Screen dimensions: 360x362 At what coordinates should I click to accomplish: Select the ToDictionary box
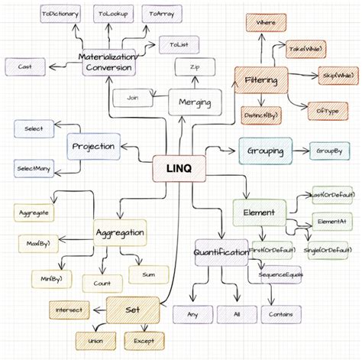pyautogui.click(x=60, y=15)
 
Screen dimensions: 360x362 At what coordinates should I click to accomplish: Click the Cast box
pyautogui.click(x=24, y=67)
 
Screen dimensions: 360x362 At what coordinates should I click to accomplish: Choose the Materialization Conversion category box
pyautogui.click(x=108, y=62)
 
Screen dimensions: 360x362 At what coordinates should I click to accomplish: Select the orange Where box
pyautogui.click(x=267, y=24)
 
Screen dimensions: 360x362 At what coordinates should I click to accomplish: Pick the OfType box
pyautogui.click(x=322, y=112)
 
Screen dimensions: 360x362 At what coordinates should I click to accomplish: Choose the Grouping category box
pyautogui.click(x=265, y=151)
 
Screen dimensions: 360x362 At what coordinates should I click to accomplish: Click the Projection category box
pyautogui.click(x=93, y=146)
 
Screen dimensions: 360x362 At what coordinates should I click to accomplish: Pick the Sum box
pyautogui.click(x=147, y=274)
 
